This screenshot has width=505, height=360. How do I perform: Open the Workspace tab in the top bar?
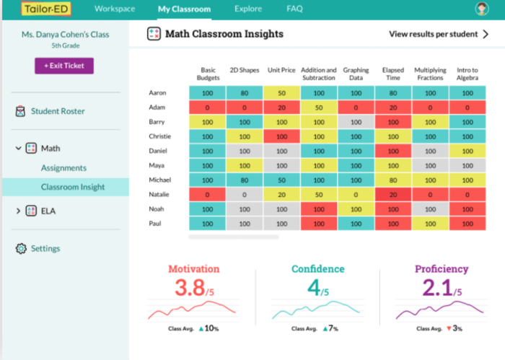(x=115, y=9)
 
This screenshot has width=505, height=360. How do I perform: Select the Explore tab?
(x=248, y=9)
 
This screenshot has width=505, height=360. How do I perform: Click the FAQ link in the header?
(x=294, y=9)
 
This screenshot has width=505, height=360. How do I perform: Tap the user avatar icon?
(x=482, y=9)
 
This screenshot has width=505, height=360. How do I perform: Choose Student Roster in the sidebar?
(x=57, y=111)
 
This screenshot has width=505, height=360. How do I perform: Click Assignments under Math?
(x=63, y=168)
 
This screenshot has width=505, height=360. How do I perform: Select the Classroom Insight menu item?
(x=72, y=187)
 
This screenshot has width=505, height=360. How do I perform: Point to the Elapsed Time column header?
(x=393, y=74)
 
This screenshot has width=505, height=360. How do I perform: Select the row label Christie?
(x=159, y=136)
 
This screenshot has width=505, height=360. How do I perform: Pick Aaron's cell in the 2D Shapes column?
(x=244, y=92)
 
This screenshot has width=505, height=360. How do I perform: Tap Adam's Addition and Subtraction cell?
(x=318, y=107)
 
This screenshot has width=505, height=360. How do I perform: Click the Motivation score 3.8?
(x=190, y=288)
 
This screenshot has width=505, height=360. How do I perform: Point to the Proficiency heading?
(x=441, y=269)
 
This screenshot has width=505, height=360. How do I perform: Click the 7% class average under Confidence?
(x=333, y=328)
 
